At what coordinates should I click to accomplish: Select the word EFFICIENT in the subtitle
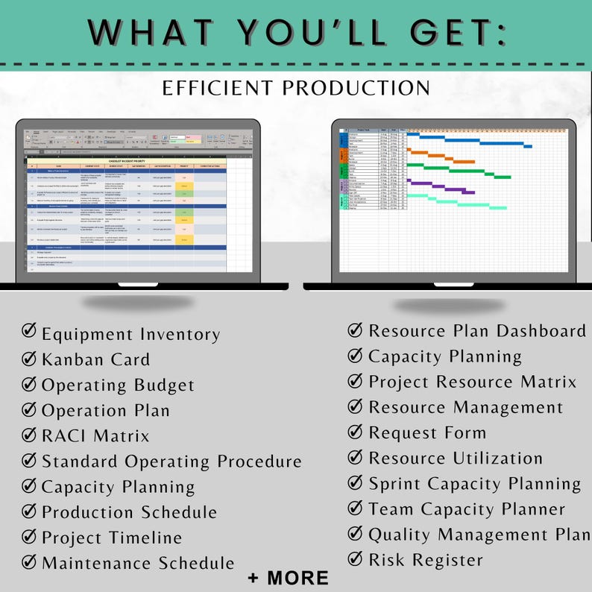[x=215, y=88]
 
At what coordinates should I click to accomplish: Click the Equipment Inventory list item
[x=130, y=335]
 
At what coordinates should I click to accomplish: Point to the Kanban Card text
[x=95, y=360]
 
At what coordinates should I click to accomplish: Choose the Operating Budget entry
[x=118, y=385]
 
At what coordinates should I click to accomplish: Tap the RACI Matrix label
[x=95, y=436]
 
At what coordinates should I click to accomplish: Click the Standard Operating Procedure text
[x=171, y=462]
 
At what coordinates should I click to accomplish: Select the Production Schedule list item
[x=129, y=512]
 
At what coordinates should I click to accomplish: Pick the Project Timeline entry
[x=112, y=538]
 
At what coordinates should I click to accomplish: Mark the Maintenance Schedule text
[x=138, y=563]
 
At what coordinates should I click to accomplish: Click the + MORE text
[x=289, y=578]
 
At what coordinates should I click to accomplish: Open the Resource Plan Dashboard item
[x=477, y=331]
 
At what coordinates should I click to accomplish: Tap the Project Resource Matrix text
[x=473, y=382]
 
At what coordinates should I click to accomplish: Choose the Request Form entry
[x=427, y=432]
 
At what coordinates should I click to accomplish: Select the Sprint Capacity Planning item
[x=475, y=483]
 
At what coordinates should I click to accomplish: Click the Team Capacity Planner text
[x=467, y=510]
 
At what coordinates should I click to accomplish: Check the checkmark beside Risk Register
[x=356, y=558]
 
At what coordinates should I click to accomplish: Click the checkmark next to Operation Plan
[x=29, y=409]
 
